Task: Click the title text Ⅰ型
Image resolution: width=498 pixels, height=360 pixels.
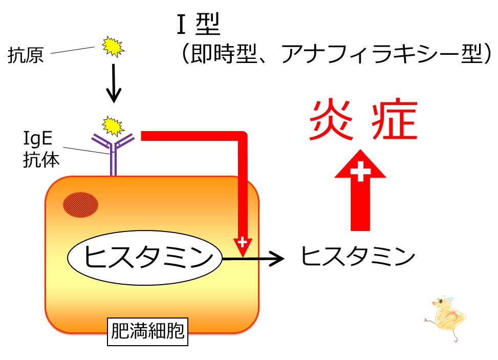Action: (x=199, y=24)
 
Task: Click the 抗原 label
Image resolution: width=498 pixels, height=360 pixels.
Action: (x=26, y=55)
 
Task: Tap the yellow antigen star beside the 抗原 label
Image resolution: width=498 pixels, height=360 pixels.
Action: (x=113, y=47)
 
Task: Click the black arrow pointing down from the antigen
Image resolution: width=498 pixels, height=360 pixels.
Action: (x=114, y=83)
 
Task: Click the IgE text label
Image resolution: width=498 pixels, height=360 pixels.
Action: (x=38, y=139)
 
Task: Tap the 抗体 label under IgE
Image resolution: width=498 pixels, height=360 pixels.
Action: (x=41, y=159)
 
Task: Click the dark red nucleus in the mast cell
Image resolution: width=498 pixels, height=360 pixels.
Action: (x=81, y=205)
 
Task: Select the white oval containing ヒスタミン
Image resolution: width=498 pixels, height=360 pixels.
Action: (x=144, y=258)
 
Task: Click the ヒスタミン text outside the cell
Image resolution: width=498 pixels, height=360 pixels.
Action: (x=358, y=256)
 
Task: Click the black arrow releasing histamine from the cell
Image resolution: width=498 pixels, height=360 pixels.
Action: (x=253, y=259)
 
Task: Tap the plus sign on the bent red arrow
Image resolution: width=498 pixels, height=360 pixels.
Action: (x=242, y=242)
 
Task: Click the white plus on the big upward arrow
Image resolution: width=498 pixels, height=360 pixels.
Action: (x=360, y=171)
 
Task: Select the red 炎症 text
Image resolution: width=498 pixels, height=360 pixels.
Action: (x=363, y=120)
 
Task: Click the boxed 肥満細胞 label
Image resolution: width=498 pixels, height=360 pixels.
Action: (x=148, y=331)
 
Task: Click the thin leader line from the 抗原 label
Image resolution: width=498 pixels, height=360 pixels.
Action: (x=73, y=50)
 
